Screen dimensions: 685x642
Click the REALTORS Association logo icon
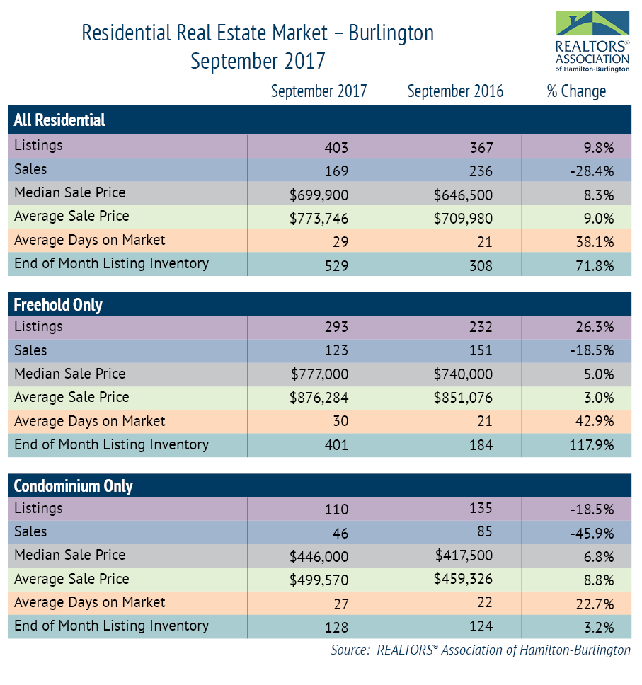tap(592, 25)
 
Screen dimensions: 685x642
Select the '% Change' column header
tap(576, 91)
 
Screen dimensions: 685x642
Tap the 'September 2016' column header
tap(455, 91)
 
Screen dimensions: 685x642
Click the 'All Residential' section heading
tap(59, 120)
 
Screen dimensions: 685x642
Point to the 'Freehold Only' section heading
tap(58, 305)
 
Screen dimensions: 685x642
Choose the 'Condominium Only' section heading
tap(74, 486)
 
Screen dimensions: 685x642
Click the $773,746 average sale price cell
tap(319, 218)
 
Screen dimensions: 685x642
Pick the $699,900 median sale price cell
tap(319, 195)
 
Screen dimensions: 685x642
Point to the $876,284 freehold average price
tap(319, 399)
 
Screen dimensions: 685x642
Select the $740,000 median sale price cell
tap(463, 375)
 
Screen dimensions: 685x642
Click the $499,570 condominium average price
tap(319, 580)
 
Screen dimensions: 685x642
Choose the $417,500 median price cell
tap(463, 556)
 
